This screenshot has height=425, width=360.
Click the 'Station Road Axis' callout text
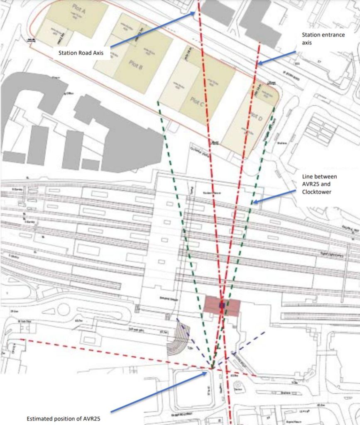[81, 53]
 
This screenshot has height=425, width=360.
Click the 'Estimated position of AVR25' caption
[63, 418]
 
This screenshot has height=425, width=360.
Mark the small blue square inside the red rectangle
[222, 305]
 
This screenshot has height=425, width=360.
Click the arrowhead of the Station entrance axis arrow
[257, 64]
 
